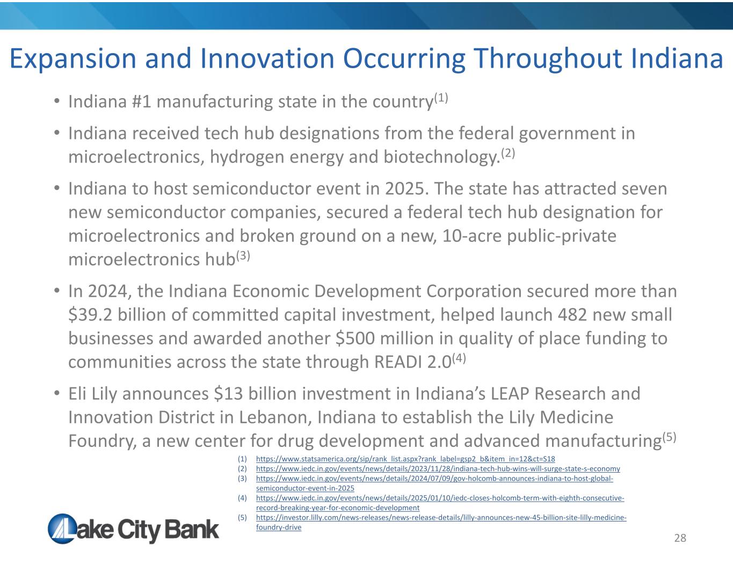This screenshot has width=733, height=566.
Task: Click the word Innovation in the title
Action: click(267, 58)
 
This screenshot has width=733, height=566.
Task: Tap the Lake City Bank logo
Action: click(133, 528)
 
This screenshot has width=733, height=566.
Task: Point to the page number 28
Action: click(680, 538)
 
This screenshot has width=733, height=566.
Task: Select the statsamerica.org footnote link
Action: click(405, 459)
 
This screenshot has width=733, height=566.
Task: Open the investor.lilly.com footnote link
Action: click(441, 522)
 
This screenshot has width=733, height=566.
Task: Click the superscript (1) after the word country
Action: click(441, 98)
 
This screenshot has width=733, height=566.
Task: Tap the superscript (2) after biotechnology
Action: click(508, 153)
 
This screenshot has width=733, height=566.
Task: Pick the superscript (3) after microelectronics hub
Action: click(243, 256)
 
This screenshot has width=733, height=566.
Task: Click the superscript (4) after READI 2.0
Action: click(459, 358)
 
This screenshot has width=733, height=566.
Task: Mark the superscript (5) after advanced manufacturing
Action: click(669, 437)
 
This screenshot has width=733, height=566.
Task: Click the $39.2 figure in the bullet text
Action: click(90, 315)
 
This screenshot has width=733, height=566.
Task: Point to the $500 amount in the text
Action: click(355, 338)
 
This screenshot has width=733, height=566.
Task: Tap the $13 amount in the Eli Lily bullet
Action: click(228, 393)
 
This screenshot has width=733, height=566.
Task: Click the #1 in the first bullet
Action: click(142, 101)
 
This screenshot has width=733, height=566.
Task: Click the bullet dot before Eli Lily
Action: click(57, 393)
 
